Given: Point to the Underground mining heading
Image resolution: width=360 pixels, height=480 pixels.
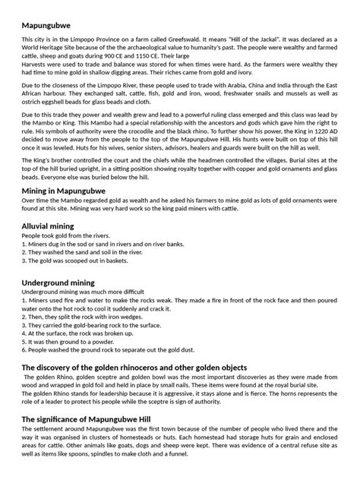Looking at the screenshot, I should coord(68,283).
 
